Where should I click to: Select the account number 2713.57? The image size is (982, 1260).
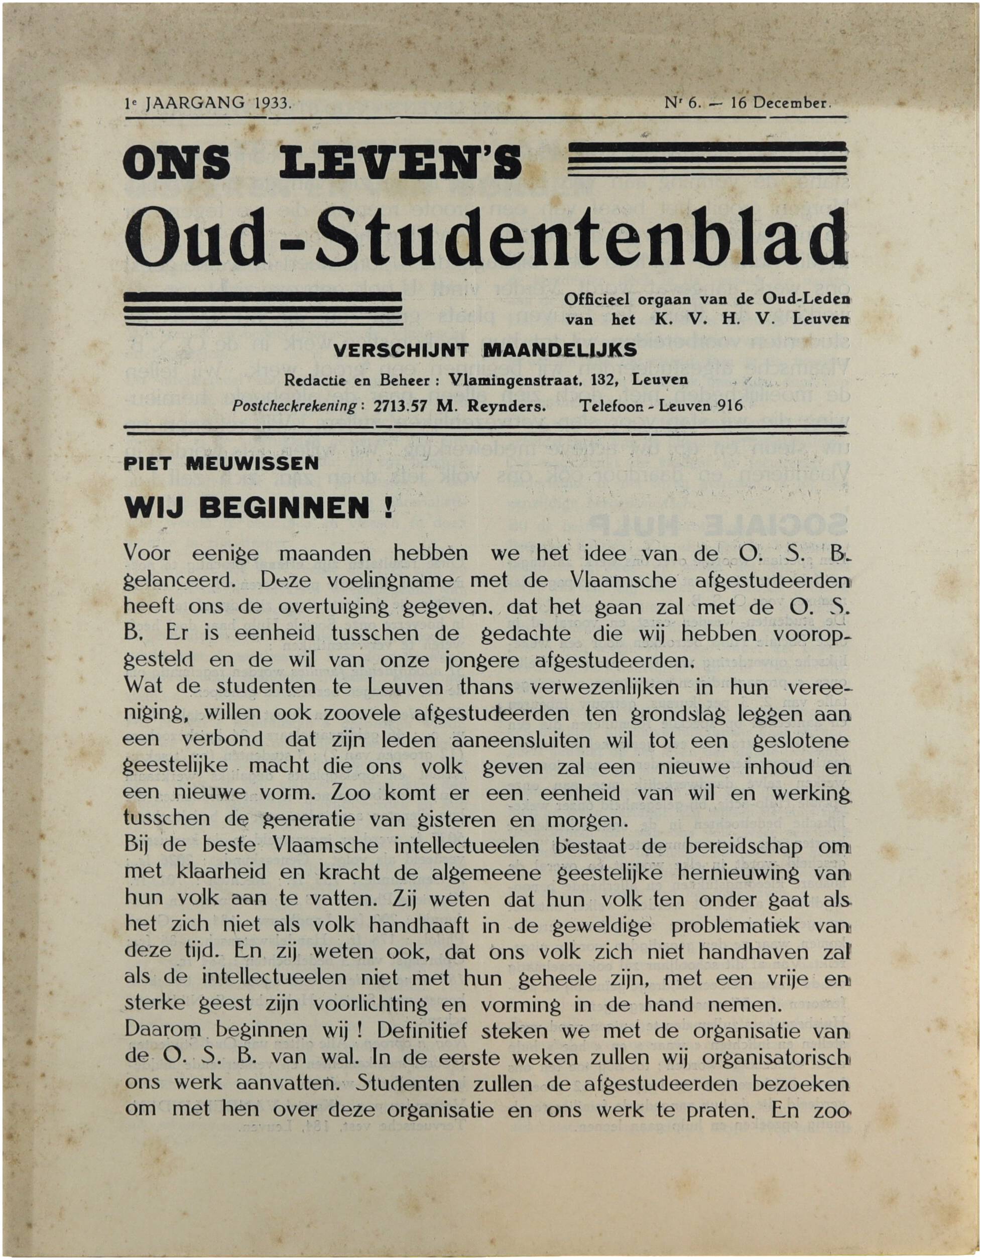point(400,406)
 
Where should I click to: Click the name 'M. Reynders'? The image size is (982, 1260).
point(491,406)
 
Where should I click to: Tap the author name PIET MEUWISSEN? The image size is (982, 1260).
point(221,464)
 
